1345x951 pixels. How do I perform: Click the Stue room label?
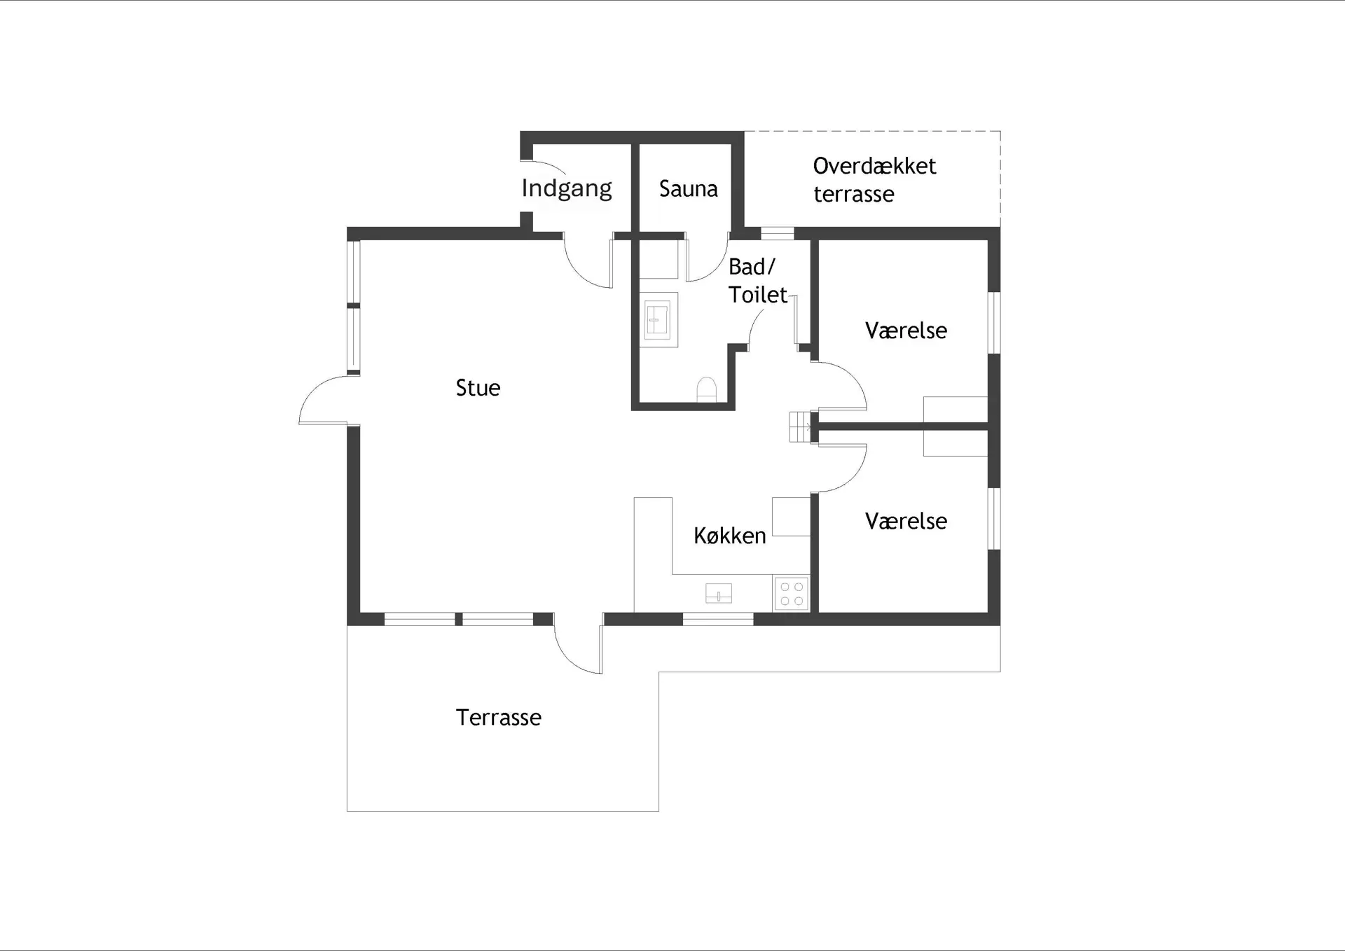pos(478,388)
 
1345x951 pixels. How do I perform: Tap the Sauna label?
pos(688,189)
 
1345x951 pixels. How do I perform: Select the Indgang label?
pos(566,188)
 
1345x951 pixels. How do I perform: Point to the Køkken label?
pos(729,536)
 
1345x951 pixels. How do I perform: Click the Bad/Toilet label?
pos(757,281)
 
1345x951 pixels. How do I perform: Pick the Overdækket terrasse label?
pos(874,180)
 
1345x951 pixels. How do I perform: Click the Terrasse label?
pos(498,718)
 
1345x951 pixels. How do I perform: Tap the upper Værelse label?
pos(906,331)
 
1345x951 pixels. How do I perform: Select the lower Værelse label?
pos(906,521)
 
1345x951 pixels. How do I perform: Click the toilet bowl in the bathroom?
pos(707,390)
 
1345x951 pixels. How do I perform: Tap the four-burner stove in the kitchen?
pos(792,593)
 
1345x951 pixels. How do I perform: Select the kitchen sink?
pos(718,593)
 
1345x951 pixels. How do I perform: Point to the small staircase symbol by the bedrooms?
pos(800,426)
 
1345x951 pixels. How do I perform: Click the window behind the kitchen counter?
pos(718,619)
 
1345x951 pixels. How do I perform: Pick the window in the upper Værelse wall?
pos(994,323)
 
